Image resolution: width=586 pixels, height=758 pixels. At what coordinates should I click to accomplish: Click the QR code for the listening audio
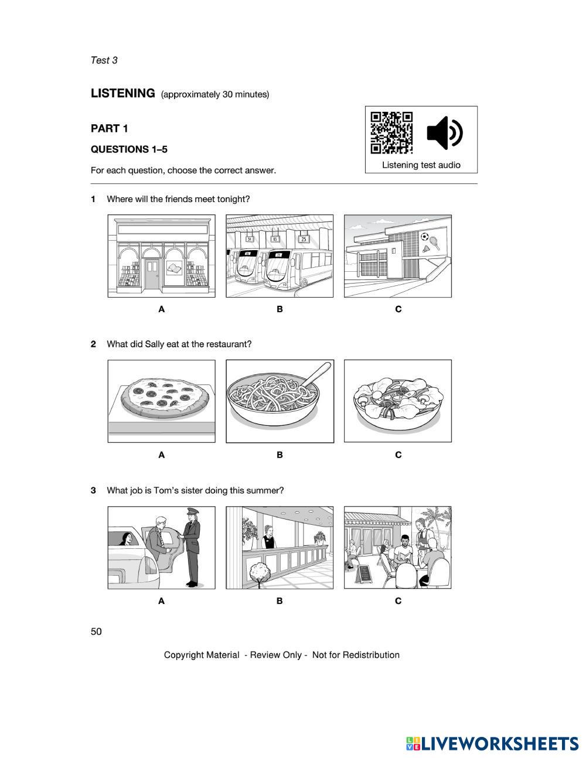pyautogui.click(x=391, y=132)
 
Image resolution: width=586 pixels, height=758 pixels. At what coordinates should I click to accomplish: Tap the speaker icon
pyautogui.click(x=444, y=133)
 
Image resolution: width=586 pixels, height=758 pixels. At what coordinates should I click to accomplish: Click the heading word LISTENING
pyautogui.click(x=122, y=93)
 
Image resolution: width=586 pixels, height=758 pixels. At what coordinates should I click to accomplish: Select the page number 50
pyautogui.click(x=96, y=631)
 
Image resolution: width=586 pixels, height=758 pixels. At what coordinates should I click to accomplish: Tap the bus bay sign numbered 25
pyautogui.click(x=304, y=239)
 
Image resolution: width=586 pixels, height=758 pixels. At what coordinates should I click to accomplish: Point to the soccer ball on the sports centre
pyautogui.click(x=424, y=237)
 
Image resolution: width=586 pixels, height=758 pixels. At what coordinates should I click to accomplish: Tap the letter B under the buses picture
pyautogui.click(x=280, y=309)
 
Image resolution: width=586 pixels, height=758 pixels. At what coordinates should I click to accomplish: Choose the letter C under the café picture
pyautogui.click(x=398, y=600)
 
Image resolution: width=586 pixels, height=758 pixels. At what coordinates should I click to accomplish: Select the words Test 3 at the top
pyautogui.click(x=104, y=60)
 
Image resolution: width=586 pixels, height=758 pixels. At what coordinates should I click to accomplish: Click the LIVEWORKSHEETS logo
pyautogui.click(x=492, y=744)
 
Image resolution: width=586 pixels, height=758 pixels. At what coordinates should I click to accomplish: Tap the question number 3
pyautogui.click(x=93, y=490)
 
